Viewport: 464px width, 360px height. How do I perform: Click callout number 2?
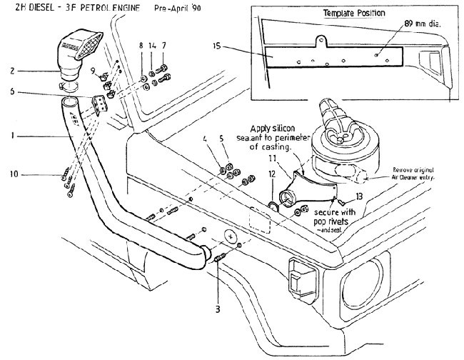pyautogui.click(x=12, y=71)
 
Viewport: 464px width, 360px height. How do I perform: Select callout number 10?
pyautogui.click(x=12, y=174)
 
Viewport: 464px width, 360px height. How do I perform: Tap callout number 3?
pyautogui.click(x=217, y=291)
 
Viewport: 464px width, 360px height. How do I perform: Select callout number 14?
pyautogui.click(x=153, y=46)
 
